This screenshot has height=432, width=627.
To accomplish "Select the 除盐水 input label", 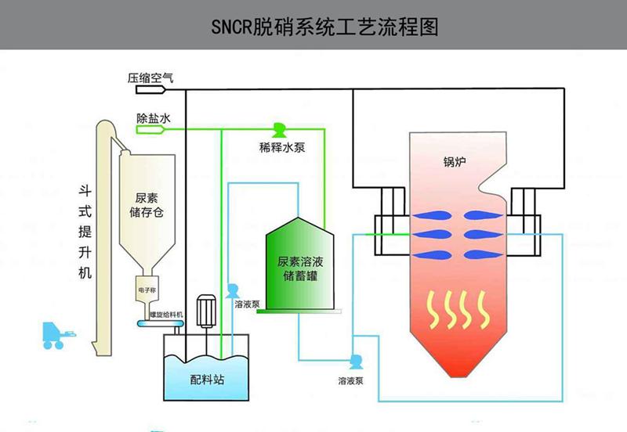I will coord(149,119).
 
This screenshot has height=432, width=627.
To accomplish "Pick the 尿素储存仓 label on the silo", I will coord(145,206).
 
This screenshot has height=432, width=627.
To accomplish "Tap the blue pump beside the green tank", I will coord(234,290).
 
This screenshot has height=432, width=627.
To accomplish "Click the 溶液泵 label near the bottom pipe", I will coord(350,382).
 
